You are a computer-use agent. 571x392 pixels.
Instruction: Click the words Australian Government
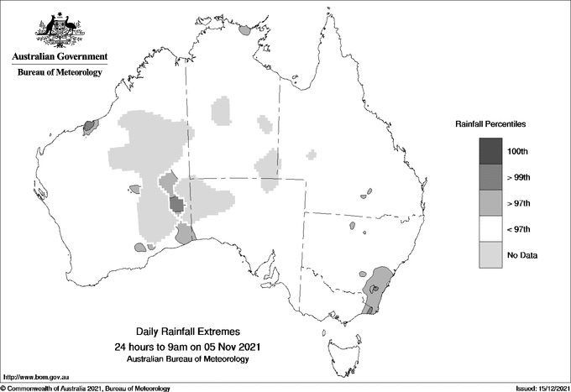59,57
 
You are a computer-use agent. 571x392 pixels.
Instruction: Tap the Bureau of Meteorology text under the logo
60,73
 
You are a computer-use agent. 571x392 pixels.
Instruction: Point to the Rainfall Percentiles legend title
490,123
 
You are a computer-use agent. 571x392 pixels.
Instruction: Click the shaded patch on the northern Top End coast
245,29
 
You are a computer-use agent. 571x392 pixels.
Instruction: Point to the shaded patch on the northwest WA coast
91,127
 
